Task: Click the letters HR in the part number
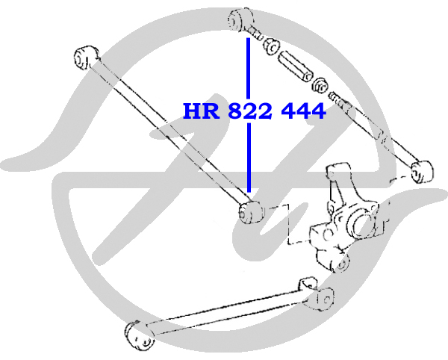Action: pyautogui.click(x=202, y=111)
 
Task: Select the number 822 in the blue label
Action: pyautogui.click(x=250, y=111)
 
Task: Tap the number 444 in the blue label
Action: pyautogui.click(x=303, y=111)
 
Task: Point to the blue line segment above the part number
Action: pyautogui.click(x=249, y=69)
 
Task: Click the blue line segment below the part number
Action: pyautogui.click(x=249, y=158)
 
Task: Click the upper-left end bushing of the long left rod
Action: pyautogui.click(x=86, y=58)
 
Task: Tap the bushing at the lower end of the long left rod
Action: pyautogui.click(x=249, y=211)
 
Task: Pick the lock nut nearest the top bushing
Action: pyautogui.click(x=272, y=46)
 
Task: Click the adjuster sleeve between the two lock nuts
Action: pyautogui.click(x=295, y=66)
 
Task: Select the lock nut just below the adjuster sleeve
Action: pyautogui.click(x=320, y=85)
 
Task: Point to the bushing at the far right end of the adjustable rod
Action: pyautogui.click(x=422, y=172)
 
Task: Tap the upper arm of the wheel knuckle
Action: pyautogui.click(x=337, y=183)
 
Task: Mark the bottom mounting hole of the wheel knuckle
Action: pyautogui.click(x=342, y=264)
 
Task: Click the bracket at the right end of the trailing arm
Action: pyautogui.click(x=317, y=294)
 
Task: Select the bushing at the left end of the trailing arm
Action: pyautogui.click(x=139, y=335)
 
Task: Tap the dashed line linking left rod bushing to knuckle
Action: pyautogui.click(x=288, y=225)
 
